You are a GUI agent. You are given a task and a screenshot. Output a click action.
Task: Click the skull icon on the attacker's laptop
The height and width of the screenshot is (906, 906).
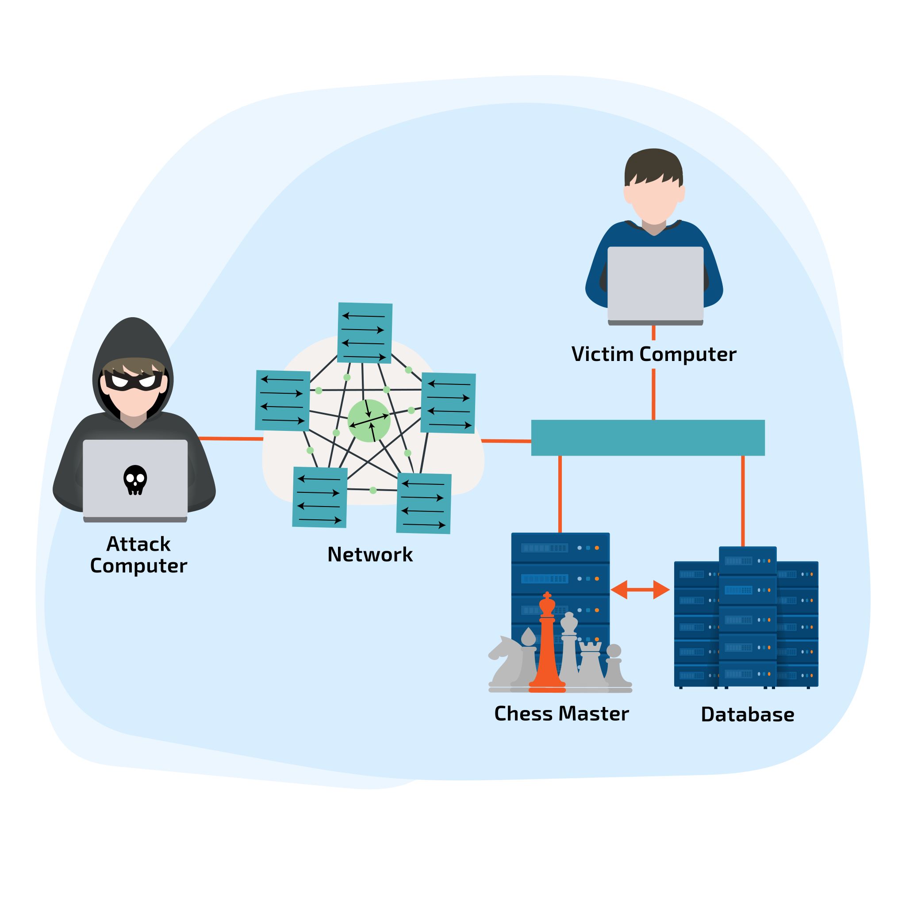pyautogui.click(x=135, y=479)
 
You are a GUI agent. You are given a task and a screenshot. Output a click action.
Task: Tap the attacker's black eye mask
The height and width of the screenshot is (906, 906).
pyautogui.click(x=133, y=380)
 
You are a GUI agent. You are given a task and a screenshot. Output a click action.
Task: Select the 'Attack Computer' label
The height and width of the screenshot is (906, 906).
pyautogui.click(x=138, y=555)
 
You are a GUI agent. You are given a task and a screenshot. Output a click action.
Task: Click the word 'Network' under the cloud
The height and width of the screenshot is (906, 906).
pyautogui.click(x=370, y=554)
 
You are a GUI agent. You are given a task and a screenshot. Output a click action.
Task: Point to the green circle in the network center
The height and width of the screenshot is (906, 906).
pyautogui.click(x=369, y=421)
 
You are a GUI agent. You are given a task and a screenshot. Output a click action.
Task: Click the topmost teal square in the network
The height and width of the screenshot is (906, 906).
pyautogui.click(x=365, y=333)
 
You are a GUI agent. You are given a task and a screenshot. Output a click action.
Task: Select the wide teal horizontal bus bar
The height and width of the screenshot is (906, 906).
pyautogui.click(x=648, y=438)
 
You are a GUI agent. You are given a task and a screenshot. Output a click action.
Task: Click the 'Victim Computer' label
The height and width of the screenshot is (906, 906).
pyautogui.click(x=654, y=354)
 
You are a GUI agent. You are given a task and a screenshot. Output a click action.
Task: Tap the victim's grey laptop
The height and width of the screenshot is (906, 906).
pyautogui.click(x=655, y=283)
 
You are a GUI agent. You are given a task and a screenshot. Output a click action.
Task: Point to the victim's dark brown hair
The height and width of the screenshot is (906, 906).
pyautogui.click(x=653, y=164)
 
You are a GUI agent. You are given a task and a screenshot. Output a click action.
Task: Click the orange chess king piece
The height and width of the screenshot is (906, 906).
pyautogui.click(x=547, y=647)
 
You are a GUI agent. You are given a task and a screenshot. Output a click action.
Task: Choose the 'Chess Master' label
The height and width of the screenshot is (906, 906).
pyautogui.click(x=561, y=713)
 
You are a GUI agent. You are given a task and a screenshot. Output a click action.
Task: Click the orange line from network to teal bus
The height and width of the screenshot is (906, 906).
pyautogui.click(x=506, y=441)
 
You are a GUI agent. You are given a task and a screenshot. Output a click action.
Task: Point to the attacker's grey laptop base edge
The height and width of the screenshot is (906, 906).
pyautogui.click(x=135, y=520)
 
